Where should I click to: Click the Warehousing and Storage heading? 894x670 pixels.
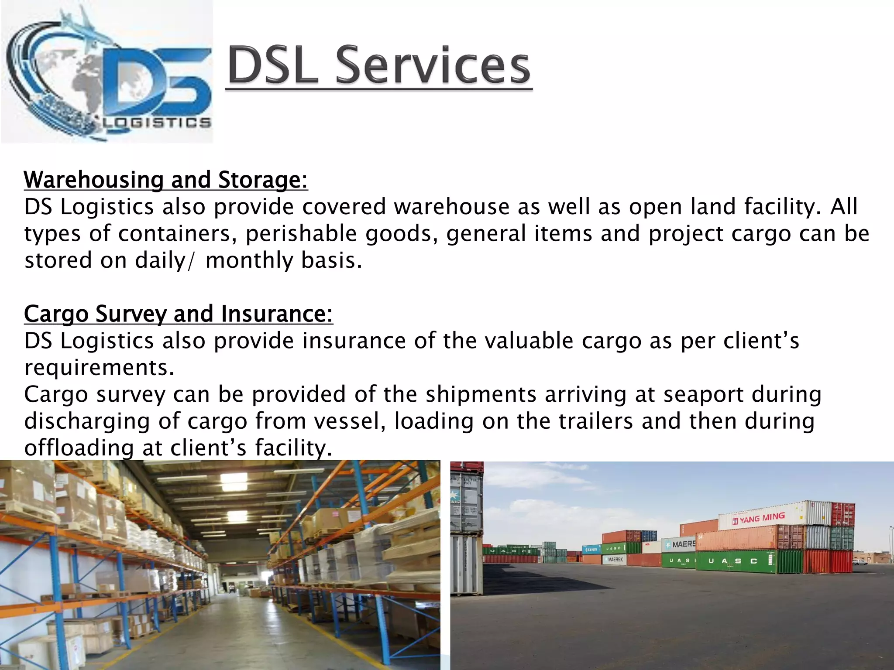tap(166, 180)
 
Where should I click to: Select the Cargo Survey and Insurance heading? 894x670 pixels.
tap(178, 314)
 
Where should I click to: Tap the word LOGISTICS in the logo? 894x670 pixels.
tap(157, 123)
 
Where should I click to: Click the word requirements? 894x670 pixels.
tap(99, 367)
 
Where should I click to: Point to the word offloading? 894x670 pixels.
tap(79, 448)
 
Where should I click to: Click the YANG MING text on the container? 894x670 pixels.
tap(762, 518)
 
